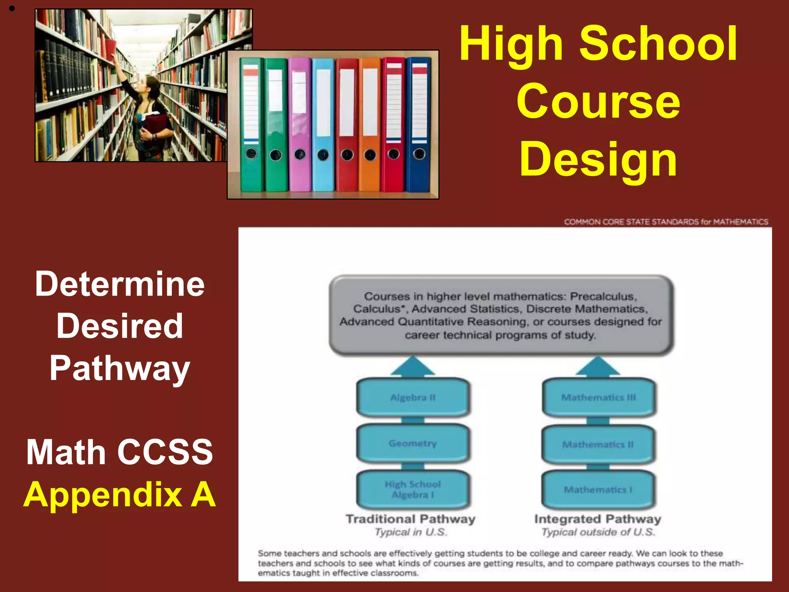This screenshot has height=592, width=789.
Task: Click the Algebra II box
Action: pyautogui.click(x=413, y=397)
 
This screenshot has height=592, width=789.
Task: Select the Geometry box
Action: pyautogui.click(x=413, y=443)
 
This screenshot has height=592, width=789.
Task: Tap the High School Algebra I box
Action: pyautogui.click(x=413, y=489)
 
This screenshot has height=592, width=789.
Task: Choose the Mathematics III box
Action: pyautogui.click(x=598, y=397)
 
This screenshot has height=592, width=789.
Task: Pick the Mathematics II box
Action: pyautogui.click(x=598, y=444)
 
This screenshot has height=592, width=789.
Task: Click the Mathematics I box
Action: pyautogui.click(x=598, y=489)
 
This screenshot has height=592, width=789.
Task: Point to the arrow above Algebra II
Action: pyautogui.click(x=413, y=366)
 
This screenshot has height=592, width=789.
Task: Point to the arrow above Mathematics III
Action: pyautogui.click(x=598, y=366)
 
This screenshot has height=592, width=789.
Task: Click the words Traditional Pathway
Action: pyautogui.click(x=410, y=519)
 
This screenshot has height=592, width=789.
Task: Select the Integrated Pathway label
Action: pyautogui.click(x=598, y=519)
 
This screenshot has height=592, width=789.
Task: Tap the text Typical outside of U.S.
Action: pyautogui.click(x=598, y=532)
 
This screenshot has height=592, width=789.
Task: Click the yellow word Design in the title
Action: pyautogui.click(x=598, y=159)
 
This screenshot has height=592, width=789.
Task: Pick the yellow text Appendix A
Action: pyautogui.click(x=119, y=494)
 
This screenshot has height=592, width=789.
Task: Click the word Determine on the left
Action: pyautogui.click(x=119, y=284)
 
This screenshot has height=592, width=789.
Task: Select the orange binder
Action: pyautogui.click(x=370, y=123)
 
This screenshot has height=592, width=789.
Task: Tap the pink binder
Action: pyautogui.click(x=300, y=123)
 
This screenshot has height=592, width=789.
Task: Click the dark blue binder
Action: pyautogui.click(x=419, y=123)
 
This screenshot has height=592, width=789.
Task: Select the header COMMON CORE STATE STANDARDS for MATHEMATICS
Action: pyautogui.click(x=666, y=222)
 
